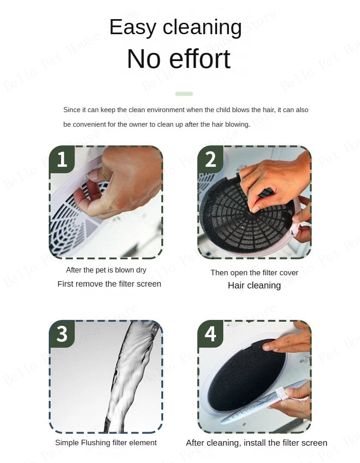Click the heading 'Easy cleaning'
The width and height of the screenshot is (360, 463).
(x=175, y=27)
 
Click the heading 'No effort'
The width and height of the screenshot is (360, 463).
(x=179, y=59)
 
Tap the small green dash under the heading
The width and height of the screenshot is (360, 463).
(x=184, y=93)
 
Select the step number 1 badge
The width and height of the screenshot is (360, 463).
(x=62, y=159)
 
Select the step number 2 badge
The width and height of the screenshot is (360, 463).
(x=210, y=159)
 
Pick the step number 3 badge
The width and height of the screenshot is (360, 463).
(x=62, y=334)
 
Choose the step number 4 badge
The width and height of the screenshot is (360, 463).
(x=210, y=334)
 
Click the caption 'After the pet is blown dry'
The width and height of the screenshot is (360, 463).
(x=106, y=270)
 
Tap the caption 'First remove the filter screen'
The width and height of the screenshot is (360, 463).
(x=109, y=284)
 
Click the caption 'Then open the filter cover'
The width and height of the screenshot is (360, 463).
(x=254, y=273)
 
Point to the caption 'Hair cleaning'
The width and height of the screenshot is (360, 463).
(x=254, y=286)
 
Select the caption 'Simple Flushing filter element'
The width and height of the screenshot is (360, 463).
(x=106, y=442)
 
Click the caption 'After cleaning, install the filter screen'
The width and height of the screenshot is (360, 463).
(x=257, y=443)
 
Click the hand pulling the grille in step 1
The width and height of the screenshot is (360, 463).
(x=124, y=183)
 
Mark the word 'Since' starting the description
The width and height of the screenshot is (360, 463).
(x=72, y=110)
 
